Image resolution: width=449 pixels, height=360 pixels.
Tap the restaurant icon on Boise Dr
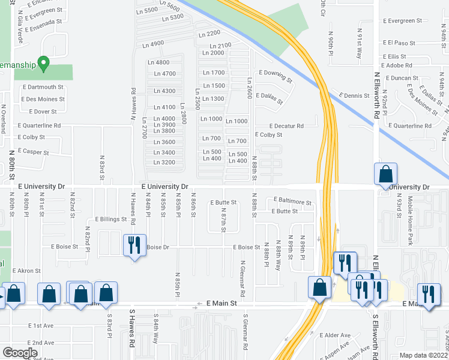(x=134, y=245)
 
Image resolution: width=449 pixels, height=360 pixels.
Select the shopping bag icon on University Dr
(x=385, y=174)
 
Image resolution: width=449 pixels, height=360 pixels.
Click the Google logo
(x=20, y=353)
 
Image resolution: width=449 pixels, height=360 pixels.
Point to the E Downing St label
(x=276, y=76)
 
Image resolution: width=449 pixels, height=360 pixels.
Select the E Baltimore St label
(x=292, y=202)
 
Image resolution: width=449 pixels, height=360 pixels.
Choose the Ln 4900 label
(x=153, y=44)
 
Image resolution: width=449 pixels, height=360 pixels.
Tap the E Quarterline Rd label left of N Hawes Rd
(x=40, y=126)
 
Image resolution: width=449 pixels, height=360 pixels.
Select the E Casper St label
(x=34, y=152)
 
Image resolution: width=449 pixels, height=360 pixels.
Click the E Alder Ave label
(x=336, y=335)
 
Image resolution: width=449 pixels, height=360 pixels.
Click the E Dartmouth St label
(x=43, y=87)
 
